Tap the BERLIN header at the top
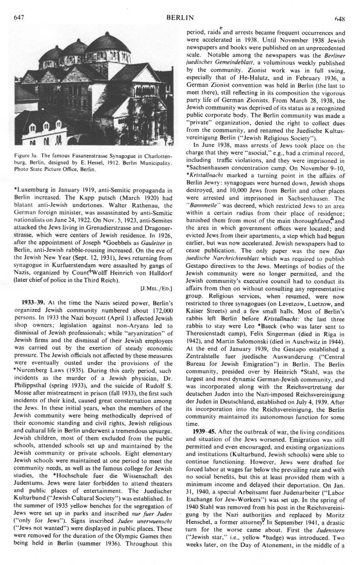180,18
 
